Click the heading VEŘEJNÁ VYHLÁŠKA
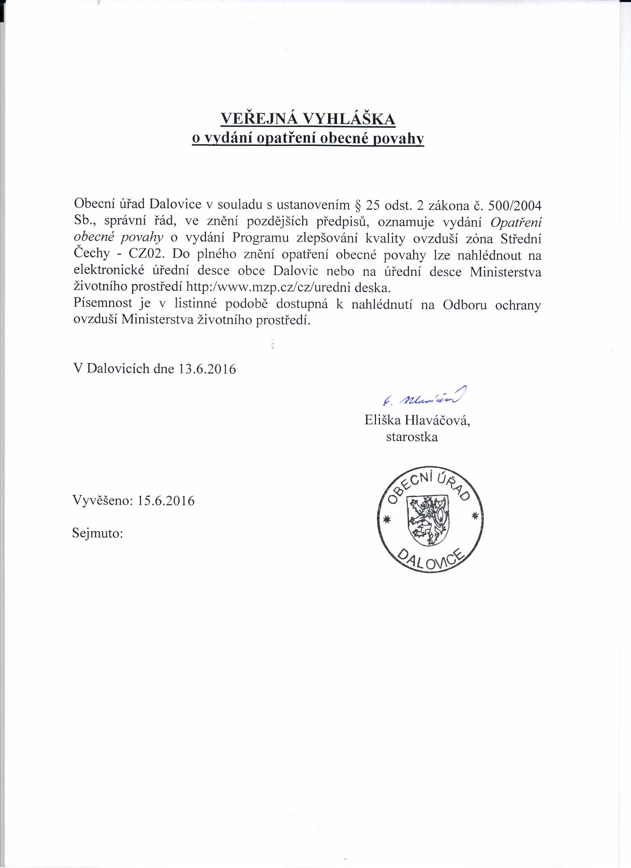(308, 120)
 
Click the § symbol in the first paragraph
(358, 205)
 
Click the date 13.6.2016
(207, 369)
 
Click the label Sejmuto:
(97, 533)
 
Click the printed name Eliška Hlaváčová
(417, 421)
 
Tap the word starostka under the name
(412, 437)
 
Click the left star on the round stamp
(386, 519)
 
